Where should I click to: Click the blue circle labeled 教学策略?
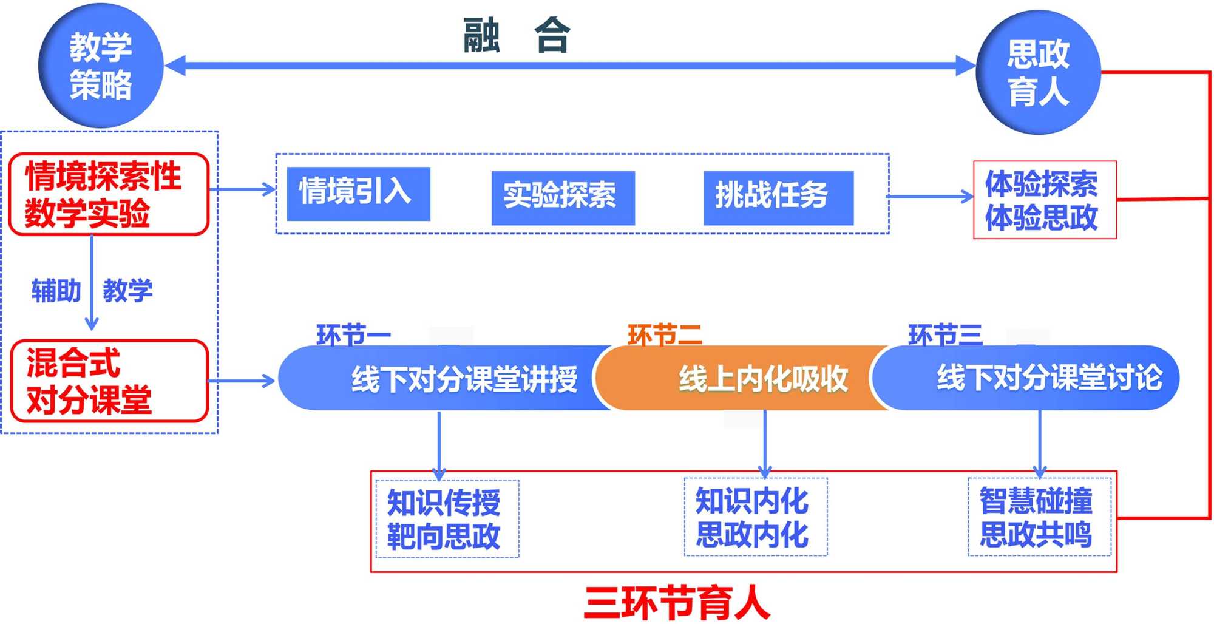101,66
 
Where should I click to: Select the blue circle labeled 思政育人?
1038,72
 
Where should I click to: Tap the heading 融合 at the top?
516,35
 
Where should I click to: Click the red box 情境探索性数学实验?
109,194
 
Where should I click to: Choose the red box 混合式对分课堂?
109,381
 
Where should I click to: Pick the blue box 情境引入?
358,193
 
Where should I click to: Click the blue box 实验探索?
563,197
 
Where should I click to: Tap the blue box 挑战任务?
778,197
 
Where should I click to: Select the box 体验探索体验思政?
1044,200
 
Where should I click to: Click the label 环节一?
353,334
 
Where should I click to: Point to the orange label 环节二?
664,334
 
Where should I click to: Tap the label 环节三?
944,334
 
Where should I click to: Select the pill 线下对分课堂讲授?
449,378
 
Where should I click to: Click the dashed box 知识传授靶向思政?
447,519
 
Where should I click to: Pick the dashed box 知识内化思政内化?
755,517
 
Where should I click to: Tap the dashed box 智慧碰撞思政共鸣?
1039,517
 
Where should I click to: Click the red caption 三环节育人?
676,602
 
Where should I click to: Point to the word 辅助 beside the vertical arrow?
56,290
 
